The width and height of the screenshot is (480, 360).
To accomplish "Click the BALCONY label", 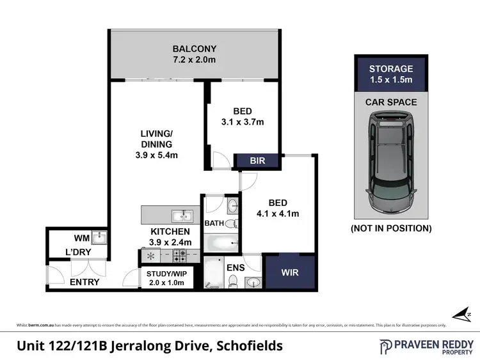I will point(195,49).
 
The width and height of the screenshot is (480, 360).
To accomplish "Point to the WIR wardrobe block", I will point(290,272).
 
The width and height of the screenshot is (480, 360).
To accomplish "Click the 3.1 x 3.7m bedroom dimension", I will point(242,121).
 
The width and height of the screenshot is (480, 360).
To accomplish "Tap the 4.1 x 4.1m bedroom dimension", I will point(277,214).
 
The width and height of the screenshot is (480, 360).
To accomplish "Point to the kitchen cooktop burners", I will point(180,255).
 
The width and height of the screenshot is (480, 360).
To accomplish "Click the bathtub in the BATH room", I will point(220,244).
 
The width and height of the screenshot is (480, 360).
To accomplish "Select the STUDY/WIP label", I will point(161,274).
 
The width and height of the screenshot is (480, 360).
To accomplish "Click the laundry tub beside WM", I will point(99,238).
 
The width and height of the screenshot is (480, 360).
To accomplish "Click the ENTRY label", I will point(84,282).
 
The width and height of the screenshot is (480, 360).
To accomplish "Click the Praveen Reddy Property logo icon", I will point(387,346).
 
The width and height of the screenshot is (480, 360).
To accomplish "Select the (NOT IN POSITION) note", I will point(390,228).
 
